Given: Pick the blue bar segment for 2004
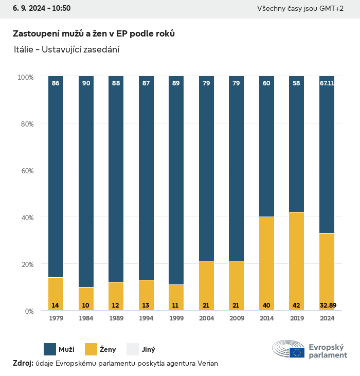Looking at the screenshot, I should coord(206,170).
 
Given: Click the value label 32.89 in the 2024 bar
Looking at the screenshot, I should coord(327,306).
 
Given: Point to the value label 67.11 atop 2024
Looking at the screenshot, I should coord(327,83).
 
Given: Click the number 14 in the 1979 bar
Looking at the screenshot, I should coord(56,306).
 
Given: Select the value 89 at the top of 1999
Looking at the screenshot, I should coord(176,83).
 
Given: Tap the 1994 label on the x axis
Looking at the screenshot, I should coord(146,318).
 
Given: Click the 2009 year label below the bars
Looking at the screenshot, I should coord(237,318).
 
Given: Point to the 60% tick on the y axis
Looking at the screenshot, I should coord(26,170).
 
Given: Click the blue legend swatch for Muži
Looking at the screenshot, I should coord(50,349).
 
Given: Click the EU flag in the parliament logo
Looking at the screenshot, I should coord(297,352).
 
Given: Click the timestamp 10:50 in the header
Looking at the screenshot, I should coord(61,8).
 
